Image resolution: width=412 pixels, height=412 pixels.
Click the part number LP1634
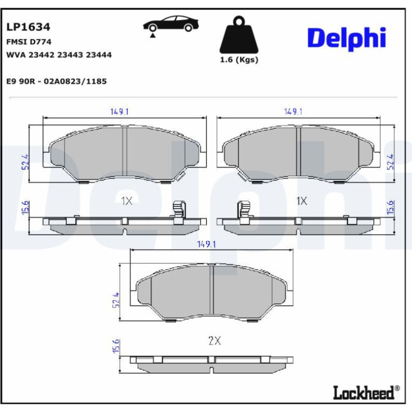pos(28,27)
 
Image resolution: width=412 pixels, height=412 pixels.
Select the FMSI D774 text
pos(29,42)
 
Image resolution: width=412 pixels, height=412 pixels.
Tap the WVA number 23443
pos(70,55)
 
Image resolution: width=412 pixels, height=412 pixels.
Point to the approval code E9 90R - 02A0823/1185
pos(57,81)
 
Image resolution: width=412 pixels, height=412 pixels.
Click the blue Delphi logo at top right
pos(347,39)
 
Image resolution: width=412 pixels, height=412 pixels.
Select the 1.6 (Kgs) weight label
pos(239,60)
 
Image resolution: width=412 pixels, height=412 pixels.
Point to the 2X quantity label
pos(215,341)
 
